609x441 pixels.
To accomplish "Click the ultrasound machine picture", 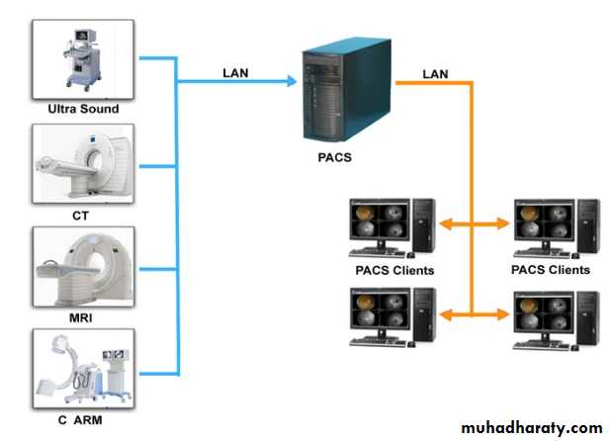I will (x=83, y=56).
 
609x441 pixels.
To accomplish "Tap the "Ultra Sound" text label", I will (x=83, y=109).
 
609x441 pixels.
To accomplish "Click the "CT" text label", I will (x=82, y=215).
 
